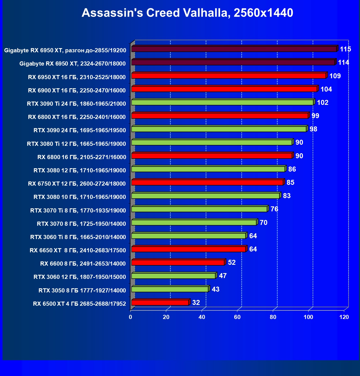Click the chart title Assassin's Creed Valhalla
click(x=187, y=13)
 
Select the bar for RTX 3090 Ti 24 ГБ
click(x=222, y=102)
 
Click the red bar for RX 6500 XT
click(x=160, y=303)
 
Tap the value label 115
click(x=345, y=49)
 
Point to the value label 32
click(x=196, y=303)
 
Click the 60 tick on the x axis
click(x=237, y=317)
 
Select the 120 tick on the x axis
click(x=344, y=317)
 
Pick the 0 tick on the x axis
click(x=130, y=317)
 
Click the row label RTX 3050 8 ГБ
click(x=82, y=291)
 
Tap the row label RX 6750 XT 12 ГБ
click(x=77, y=184)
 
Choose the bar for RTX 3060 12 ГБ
click(x=173, y=276)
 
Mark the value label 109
click(x=335, y=76)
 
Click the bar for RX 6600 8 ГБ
click(x=178, y=263)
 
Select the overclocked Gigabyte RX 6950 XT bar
click(x=234, y=49)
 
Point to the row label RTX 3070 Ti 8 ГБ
click(x=78, y=211)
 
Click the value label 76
click(x=274, y=209)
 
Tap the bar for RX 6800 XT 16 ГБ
click(x=220, y=116)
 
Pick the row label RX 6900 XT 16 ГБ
click(x=77, y=90)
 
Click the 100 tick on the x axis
click(x=308, y=317)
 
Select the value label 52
click(x=232, y=263)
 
